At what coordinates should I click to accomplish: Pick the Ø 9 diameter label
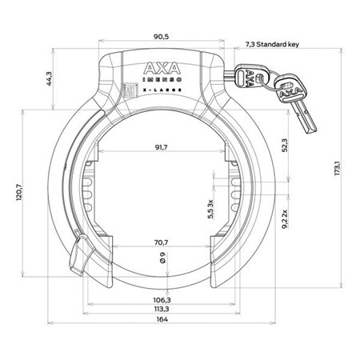point(163,258)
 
